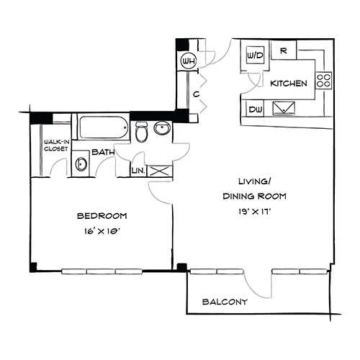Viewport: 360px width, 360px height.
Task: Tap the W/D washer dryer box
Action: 255,55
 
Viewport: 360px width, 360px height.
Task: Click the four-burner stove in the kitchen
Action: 323,81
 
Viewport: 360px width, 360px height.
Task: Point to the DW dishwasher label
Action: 256,110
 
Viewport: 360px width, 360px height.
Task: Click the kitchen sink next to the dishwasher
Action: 284,109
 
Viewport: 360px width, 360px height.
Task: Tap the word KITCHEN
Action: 289,84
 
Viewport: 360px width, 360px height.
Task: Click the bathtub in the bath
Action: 103,127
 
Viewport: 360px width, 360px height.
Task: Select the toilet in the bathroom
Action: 141,132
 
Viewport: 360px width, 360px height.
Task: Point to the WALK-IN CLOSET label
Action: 56,145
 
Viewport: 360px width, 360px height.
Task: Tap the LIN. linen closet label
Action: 138,171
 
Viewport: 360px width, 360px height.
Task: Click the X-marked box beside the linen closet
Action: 160,171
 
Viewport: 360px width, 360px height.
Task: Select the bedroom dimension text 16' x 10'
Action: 102,232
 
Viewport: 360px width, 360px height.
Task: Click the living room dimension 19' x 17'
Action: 255,212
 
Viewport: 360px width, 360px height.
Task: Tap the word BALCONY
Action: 225,302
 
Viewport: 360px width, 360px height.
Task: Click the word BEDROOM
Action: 102,216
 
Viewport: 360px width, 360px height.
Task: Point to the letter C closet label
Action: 197,94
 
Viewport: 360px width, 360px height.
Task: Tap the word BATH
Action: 103,152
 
